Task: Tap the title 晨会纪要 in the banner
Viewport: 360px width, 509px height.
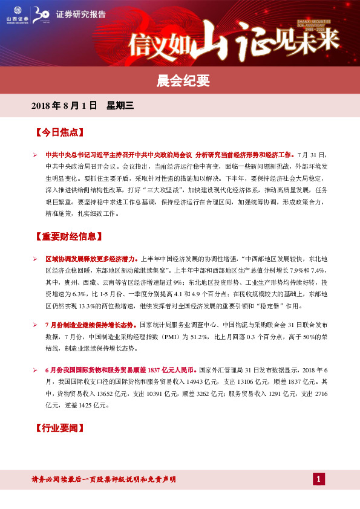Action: tap(180, 79)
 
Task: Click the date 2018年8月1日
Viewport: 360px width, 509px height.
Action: tap(64, 105)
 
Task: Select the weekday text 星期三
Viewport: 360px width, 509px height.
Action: tap(120, 105)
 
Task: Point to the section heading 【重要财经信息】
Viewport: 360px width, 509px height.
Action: tap(68, 236)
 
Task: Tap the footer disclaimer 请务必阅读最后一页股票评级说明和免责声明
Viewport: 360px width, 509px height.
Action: tap(103, 479)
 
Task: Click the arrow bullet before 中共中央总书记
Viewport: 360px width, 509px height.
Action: tap(36, 156)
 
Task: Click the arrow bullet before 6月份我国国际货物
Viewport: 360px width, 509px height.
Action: tap(36, 369)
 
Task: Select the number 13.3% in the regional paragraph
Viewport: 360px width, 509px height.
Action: tap(74, 306)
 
